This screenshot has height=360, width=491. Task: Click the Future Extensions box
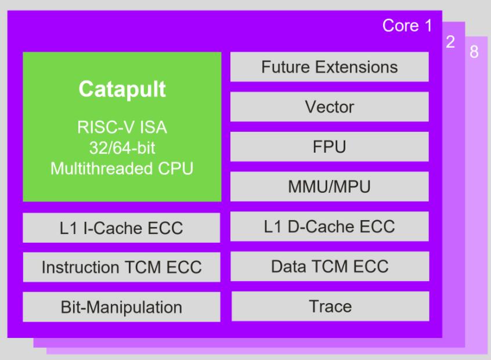pos(330,67)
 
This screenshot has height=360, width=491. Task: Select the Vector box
pos(330,107)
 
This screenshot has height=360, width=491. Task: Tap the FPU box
pos(330,146)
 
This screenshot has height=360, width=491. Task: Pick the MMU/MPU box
pos(330,186)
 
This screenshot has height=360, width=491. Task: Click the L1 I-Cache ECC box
pos(121,228)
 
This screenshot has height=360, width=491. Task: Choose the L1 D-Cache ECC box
pos(330,226)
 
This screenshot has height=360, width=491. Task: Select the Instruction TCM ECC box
pos(121,267)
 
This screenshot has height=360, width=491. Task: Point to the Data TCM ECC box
pos(330,266)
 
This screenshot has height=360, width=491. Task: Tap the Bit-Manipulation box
pos(121,307)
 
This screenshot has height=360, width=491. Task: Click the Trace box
pos(330,306)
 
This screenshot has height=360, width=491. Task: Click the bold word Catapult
pos(122,89)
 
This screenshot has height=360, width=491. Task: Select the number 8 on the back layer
pos(474,52)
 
